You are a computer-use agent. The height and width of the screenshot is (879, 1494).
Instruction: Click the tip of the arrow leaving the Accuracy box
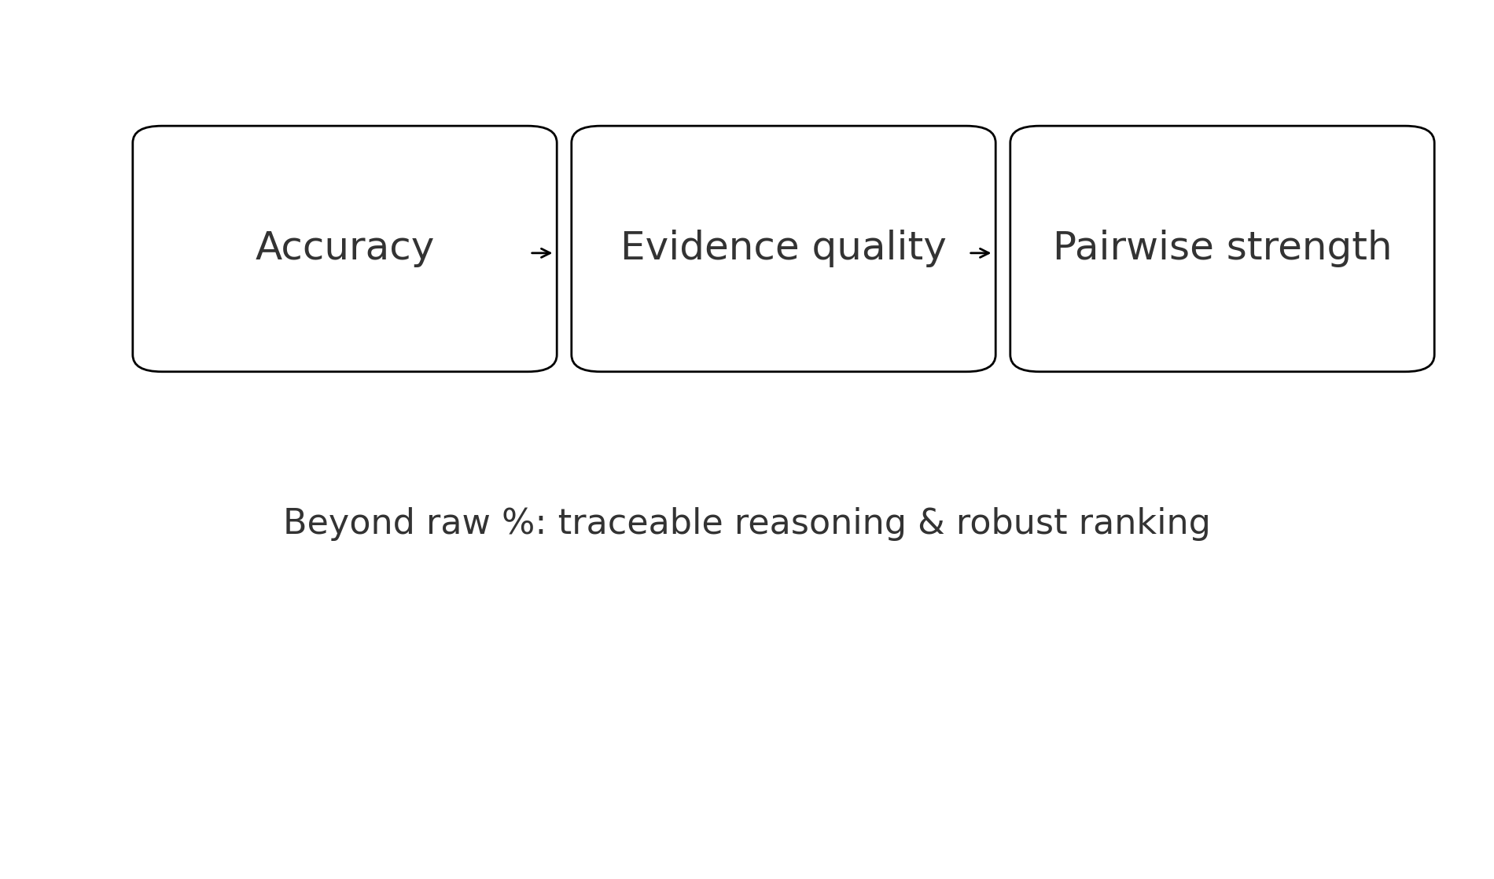pos(552,253)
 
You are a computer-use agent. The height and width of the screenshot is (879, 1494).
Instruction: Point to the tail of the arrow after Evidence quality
pos(970,253)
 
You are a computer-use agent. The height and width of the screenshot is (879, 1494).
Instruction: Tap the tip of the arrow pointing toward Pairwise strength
pos(991,253)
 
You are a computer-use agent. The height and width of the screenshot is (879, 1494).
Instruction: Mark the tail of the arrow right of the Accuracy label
pos(531,253)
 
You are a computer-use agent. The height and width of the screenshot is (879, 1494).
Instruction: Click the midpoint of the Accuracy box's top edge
pos(344,126)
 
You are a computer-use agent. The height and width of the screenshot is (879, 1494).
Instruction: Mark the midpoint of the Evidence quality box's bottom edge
pos(783,371)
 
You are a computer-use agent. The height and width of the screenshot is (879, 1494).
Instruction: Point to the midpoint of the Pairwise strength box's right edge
pos(1434,248)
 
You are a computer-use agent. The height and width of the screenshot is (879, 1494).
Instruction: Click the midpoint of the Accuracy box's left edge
pos(133,248)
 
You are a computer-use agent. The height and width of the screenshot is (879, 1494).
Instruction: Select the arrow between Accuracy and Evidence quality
pos(541,253)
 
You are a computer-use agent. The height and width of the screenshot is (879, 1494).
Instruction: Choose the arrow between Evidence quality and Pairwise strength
pos(980,253)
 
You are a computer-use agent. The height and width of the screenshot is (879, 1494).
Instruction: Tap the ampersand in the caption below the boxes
pos(931,524)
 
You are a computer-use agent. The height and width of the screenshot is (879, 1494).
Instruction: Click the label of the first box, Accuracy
pos(344,248)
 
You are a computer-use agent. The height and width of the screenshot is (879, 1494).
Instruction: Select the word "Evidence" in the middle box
pos(708,247)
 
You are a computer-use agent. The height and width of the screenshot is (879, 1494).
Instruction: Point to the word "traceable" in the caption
pos(640,524)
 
